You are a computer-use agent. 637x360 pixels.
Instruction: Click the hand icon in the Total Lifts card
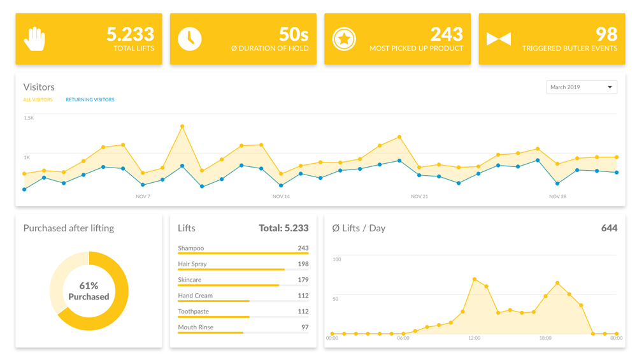tap(34, 39)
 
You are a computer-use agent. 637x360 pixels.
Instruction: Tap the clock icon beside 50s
tap(189, 39)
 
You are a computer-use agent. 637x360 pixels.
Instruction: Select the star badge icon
tap(344, 39)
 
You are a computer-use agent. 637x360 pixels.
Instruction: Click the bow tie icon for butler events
tap(498, 39)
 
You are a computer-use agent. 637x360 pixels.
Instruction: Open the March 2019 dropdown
tap(581, 87)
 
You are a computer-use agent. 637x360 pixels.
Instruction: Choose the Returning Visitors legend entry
tap(90, 100)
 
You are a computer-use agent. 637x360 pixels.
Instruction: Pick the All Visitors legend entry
tap(38, 100)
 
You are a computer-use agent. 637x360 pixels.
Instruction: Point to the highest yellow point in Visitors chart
tap(182, 127)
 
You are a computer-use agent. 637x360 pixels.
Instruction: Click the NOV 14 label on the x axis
tap(281, 196)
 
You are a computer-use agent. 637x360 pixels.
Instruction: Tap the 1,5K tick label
tap(29, 118)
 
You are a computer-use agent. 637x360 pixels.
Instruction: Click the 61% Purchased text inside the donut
tap(89, 291)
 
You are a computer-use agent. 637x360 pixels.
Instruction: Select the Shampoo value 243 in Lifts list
tap(303, 248)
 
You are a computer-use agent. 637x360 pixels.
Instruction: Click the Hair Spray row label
tap(192, 264)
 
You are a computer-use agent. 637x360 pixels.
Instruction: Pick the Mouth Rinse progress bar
tap(211, 333)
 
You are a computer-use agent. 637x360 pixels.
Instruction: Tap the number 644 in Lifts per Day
tap(609, 228)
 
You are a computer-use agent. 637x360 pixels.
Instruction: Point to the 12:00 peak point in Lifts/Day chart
tap(475, 279)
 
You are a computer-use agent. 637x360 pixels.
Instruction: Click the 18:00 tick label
tap(545, 338)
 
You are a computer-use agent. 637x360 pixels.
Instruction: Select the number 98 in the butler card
tap(606, 33)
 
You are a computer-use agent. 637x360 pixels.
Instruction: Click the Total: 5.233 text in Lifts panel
tap(283, 228)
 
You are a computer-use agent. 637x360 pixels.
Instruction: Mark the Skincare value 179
tap(303, 280)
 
